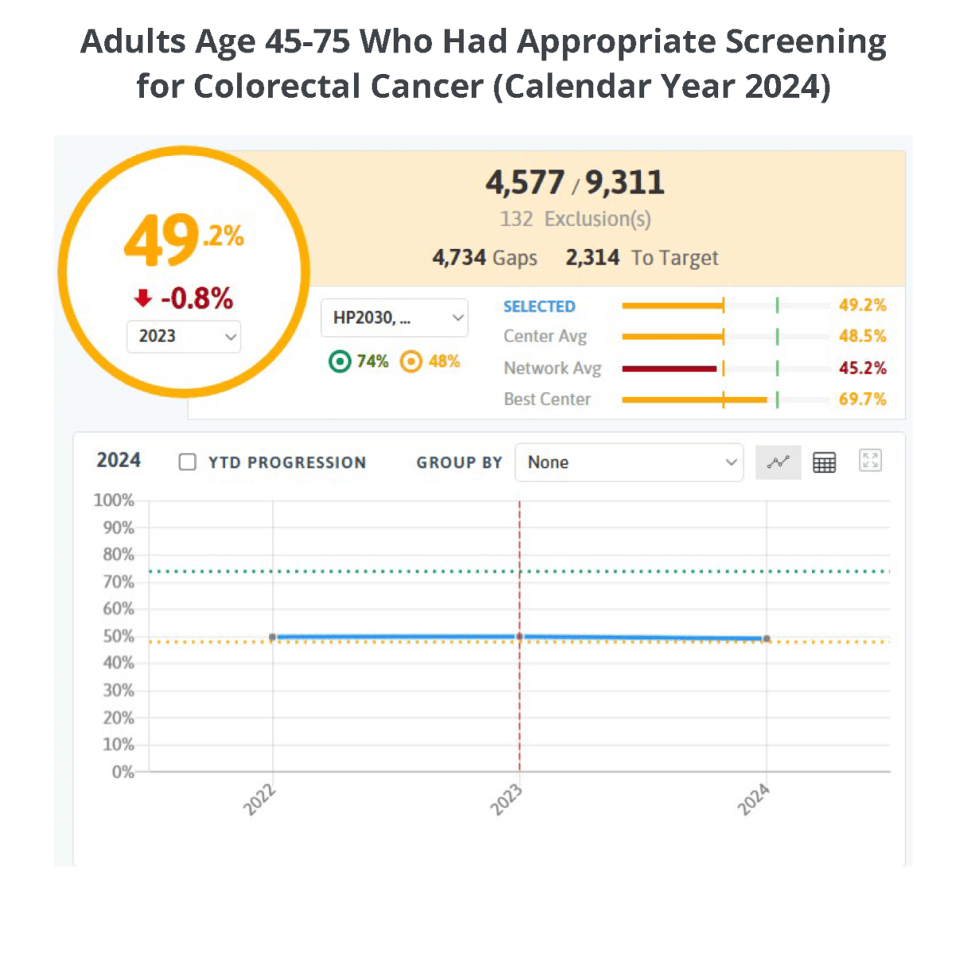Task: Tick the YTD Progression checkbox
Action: tap(188, 462)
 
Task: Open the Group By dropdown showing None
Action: tap(629, 462)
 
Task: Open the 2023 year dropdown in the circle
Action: tap(184, 337)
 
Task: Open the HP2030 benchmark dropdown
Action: tap(395, 318)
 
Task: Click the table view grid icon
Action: tap(824, 462)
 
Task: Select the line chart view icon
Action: tap(778, 462)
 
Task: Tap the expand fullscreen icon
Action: tap(870, 461)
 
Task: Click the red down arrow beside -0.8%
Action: tap(143, 298)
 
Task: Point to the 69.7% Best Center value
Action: tap(862, 400)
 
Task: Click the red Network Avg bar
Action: tap(669, 368)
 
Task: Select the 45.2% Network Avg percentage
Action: tap(862, 368)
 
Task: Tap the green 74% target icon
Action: tap(340, 362)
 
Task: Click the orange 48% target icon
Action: tap(411, 362)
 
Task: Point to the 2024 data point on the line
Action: tap(766, 638)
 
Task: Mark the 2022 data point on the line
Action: tap(273, 637)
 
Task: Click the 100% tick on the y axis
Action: tap(114, 501)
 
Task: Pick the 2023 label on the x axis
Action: tap(506, 799)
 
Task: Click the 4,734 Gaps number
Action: tap(459, 258)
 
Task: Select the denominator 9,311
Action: tap(625, 183)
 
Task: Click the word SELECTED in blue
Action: tap(539, 306)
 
